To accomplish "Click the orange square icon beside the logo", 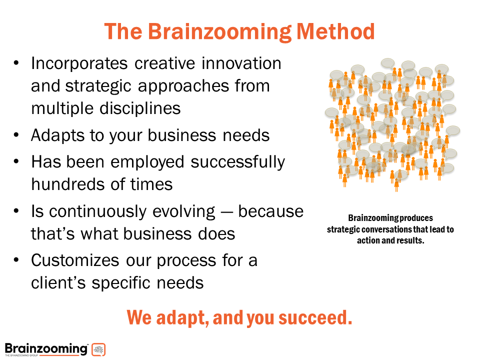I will (98, 349).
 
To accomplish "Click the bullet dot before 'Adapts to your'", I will (17, 135).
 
